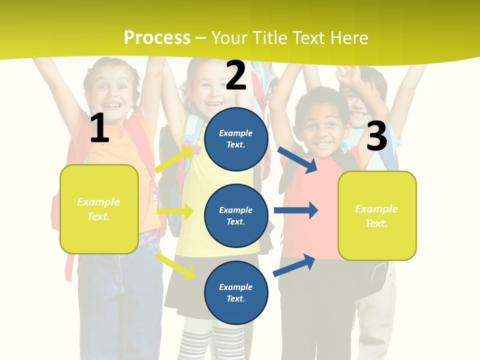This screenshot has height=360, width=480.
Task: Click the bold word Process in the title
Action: point(157,37)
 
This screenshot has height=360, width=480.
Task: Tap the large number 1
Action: point(99,128)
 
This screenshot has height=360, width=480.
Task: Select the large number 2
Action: point(236,75)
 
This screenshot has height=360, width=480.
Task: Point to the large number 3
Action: point(376,136)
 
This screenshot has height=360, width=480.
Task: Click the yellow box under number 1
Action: point(99,209)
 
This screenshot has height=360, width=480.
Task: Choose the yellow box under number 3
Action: point(377,215)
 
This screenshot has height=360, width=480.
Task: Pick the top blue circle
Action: point(236,139)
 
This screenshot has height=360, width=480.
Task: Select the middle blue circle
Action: point(236,215)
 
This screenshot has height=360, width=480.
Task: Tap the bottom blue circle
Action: point(236,292)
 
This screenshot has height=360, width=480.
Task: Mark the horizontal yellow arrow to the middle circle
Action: point(175,211)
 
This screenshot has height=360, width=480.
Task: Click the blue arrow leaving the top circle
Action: point(297,159)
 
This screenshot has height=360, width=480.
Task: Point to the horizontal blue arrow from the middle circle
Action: point(296,210)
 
